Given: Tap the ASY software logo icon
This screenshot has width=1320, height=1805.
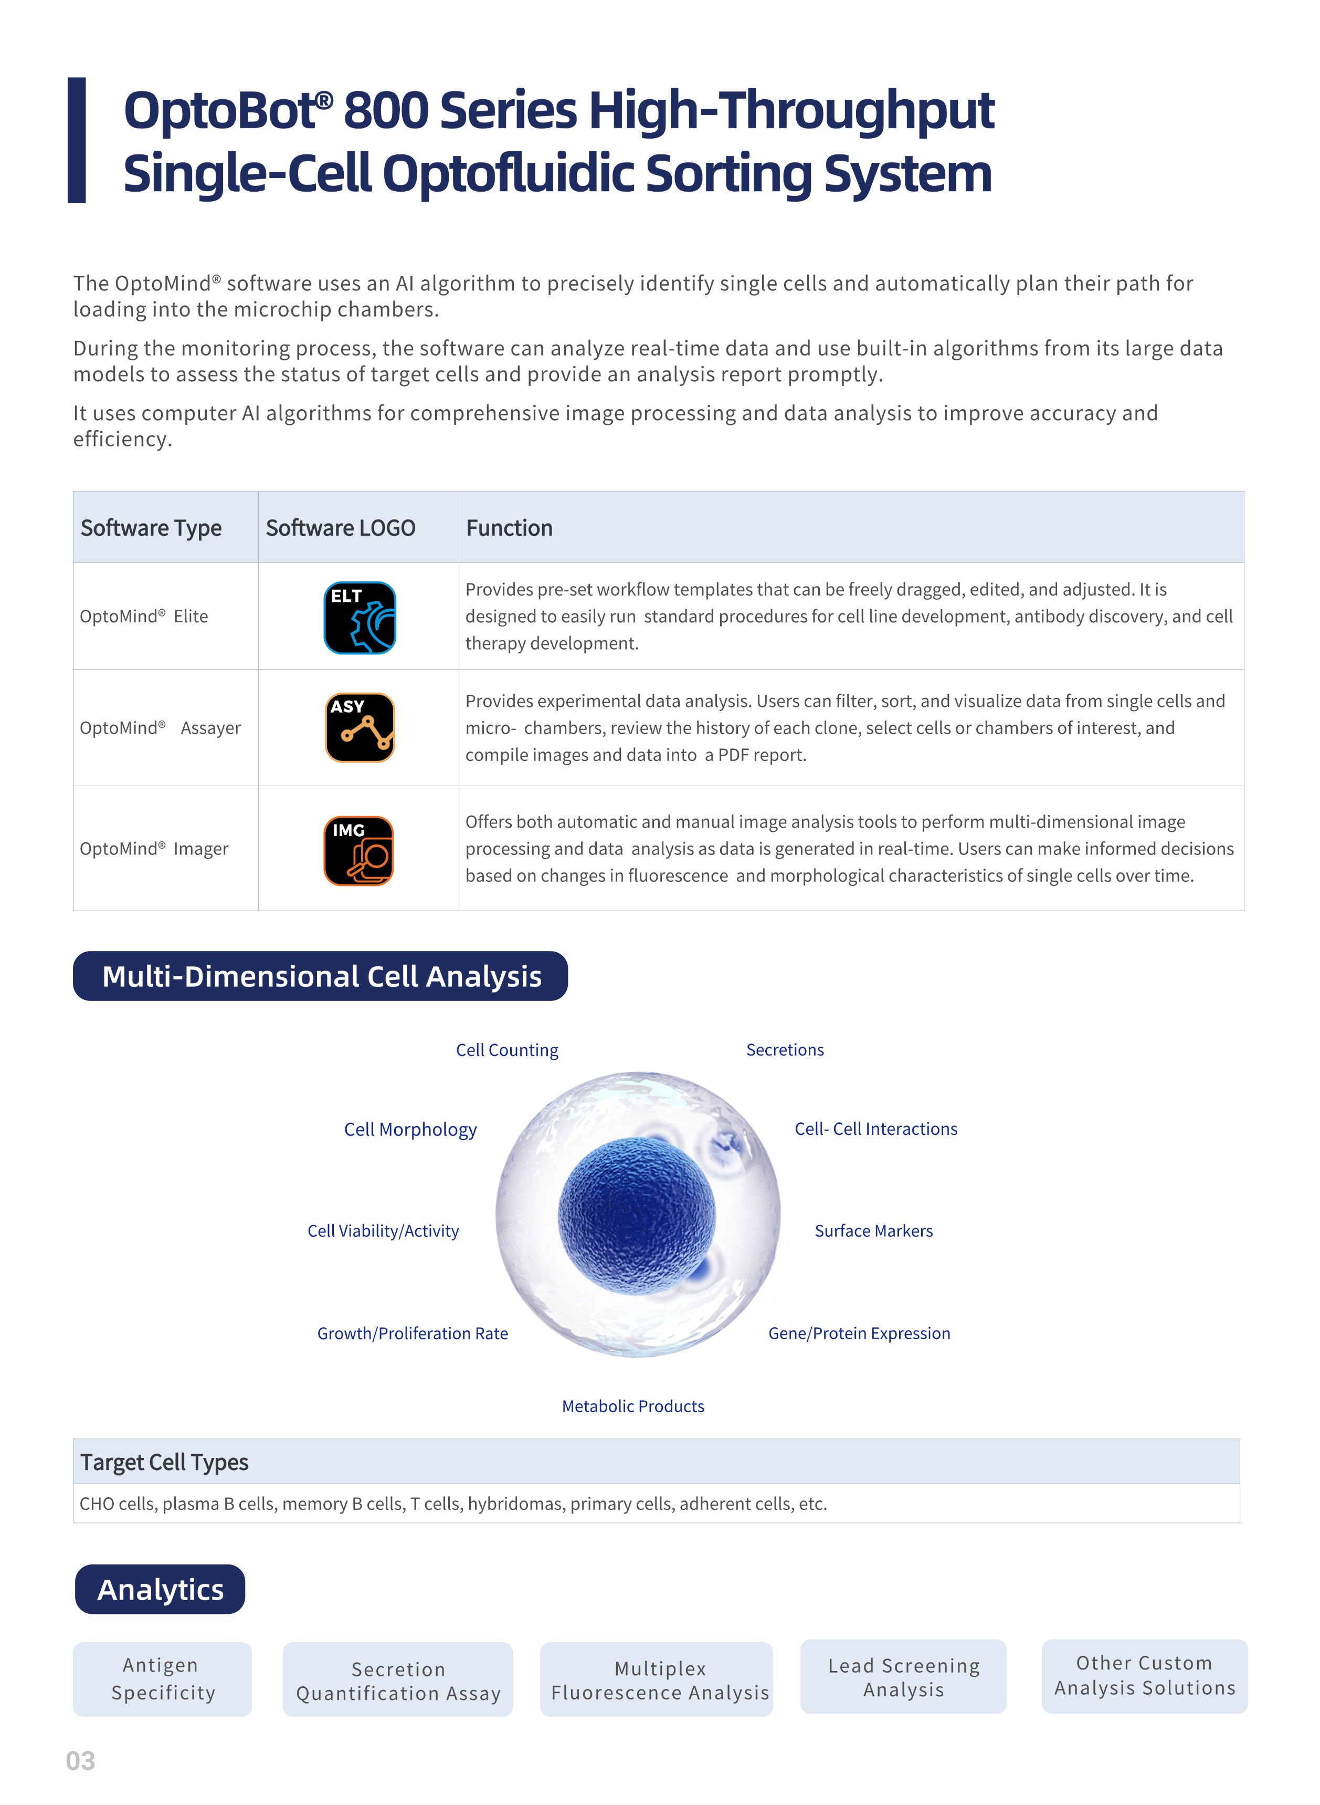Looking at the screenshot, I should point(360,727).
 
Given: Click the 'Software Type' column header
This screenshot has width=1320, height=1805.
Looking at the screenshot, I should point(151,528).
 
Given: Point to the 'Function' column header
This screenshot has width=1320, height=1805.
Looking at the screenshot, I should point(509,528).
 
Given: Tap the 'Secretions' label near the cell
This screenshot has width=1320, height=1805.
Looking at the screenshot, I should point(785,1050).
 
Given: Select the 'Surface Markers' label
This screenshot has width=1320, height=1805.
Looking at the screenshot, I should point(873,1230).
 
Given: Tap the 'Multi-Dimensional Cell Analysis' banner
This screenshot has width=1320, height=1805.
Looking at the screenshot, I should point(320,976).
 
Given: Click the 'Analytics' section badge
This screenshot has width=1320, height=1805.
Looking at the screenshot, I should point(160,1589).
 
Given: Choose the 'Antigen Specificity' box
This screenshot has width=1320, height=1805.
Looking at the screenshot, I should point(162,1679).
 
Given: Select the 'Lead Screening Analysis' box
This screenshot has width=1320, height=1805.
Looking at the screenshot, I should point(903,1677).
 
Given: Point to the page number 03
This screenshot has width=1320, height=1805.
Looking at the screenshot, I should point(80,1761).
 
